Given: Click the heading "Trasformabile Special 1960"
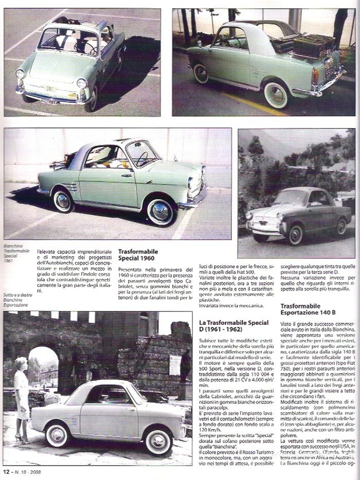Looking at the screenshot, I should tap(138, 255).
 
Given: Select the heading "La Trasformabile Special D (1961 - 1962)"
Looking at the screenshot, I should tap(233, 325).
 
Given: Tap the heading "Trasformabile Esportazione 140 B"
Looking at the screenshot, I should tap(308, 309).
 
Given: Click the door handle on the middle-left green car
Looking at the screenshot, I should tap(127, 175).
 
